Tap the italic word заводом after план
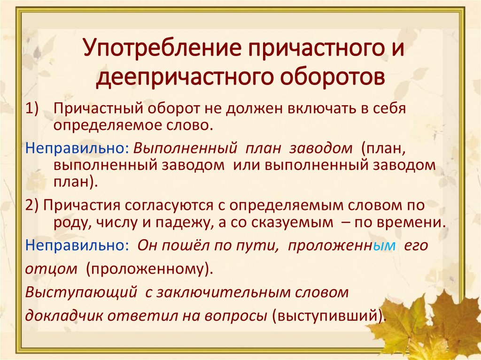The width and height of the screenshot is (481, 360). click(320, 148)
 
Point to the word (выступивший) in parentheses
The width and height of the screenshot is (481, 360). click(329, 315)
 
